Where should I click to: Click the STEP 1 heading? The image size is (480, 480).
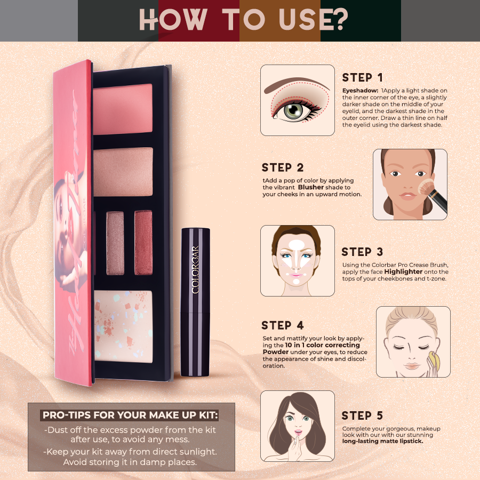coord(362,77)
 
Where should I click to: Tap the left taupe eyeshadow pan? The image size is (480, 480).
coord(115,243)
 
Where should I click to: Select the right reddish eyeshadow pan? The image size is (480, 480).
coord(143,243)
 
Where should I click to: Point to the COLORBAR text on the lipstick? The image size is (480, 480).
coord(195,270)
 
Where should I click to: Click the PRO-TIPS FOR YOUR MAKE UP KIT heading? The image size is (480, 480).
coord(131,415)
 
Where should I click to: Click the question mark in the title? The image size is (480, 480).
coord(338,20)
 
